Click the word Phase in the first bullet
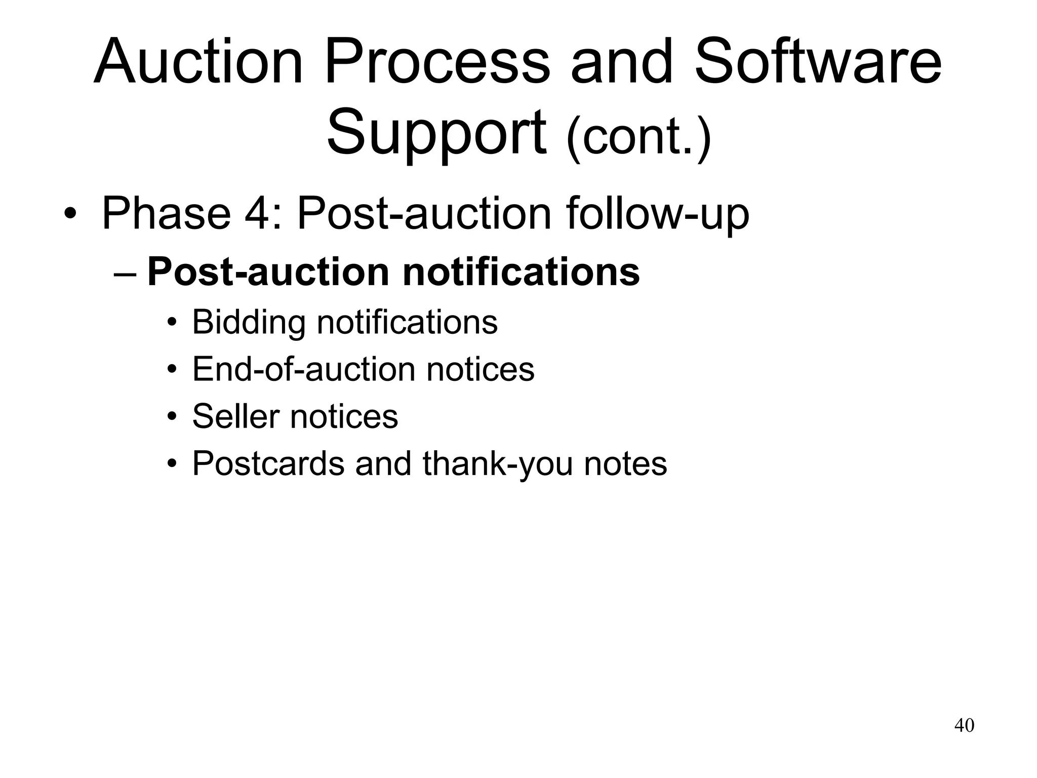click(x=166, y=213)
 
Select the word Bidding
click(x=249, y=322)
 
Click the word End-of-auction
click(x=304, y=369)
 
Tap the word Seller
click(x=235, y=416)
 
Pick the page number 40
click(x=964, y=725)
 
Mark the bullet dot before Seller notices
click(x=172, y=417)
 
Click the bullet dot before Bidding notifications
click(x=172, y=323)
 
